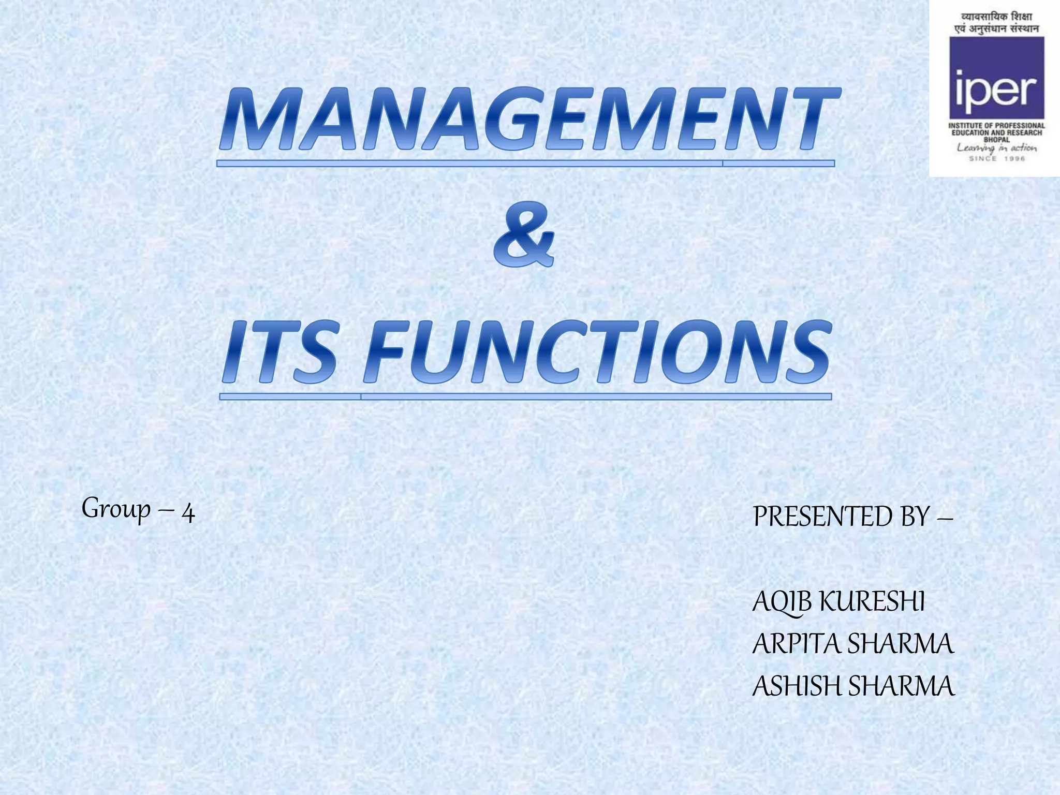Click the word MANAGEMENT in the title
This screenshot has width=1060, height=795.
528,120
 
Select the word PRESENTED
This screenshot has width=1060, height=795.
823,517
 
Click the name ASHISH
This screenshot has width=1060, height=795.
797,686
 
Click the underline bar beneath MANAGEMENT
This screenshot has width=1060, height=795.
525,164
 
